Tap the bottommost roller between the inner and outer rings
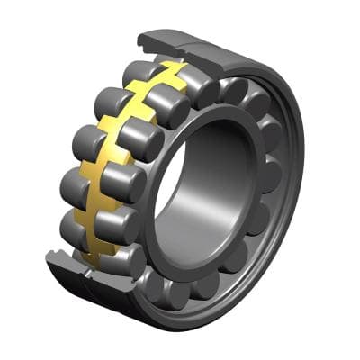point(180,292)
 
